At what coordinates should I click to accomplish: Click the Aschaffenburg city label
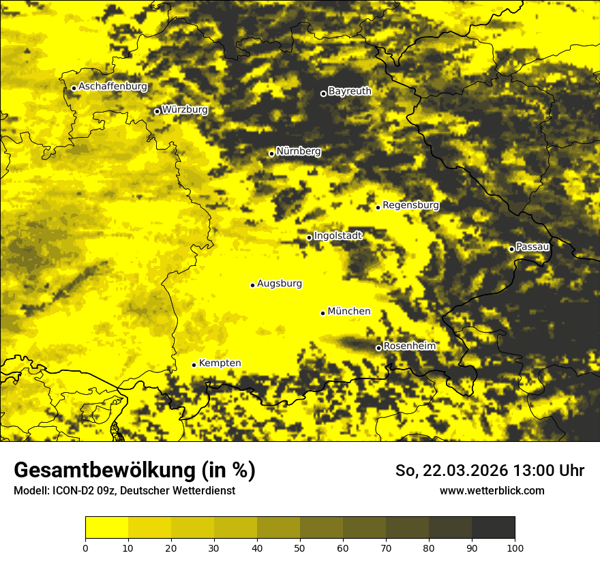point(112,87)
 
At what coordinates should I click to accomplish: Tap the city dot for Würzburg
point(157,111)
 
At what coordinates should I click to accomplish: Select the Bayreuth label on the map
point(350,91)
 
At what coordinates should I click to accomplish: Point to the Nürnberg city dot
point(271,153)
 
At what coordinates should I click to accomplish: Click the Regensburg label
point(410,205)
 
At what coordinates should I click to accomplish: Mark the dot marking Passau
point(511,249)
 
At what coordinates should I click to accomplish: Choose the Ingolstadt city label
point(338,235)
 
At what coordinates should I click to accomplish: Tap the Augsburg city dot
point(252,285)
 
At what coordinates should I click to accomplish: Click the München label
point(349,311)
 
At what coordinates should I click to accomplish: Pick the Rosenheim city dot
point(378,348)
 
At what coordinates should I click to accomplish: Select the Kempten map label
point(220,363)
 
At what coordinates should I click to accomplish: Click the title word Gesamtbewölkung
point(106,471)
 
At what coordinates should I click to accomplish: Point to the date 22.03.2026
point(465,471)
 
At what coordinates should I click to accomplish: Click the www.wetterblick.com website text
point(492,490)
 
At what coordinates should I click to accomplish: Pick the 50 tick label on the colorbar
point(300,548)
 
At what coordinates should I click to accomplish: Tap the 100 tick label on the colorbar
point(515,548)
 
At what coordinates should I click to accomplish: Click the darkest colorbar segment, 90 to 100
point(493,528)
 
